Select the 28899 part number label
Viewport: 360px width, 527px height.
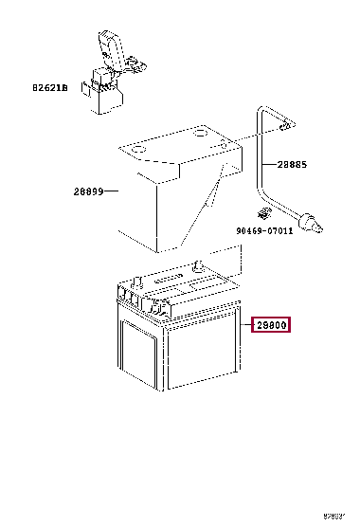coord(88,191)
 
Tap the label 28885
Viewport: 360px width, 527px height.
coord(293,164)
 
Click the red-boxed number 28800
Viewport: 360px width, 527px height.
coord(271,326)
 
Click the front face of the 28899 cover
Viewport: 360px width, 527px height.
coord(156,209)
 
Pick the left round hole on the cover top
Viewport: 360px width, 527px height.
coord(134,150)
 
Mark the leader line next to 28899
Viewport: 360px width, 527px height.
coord(111,191)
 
